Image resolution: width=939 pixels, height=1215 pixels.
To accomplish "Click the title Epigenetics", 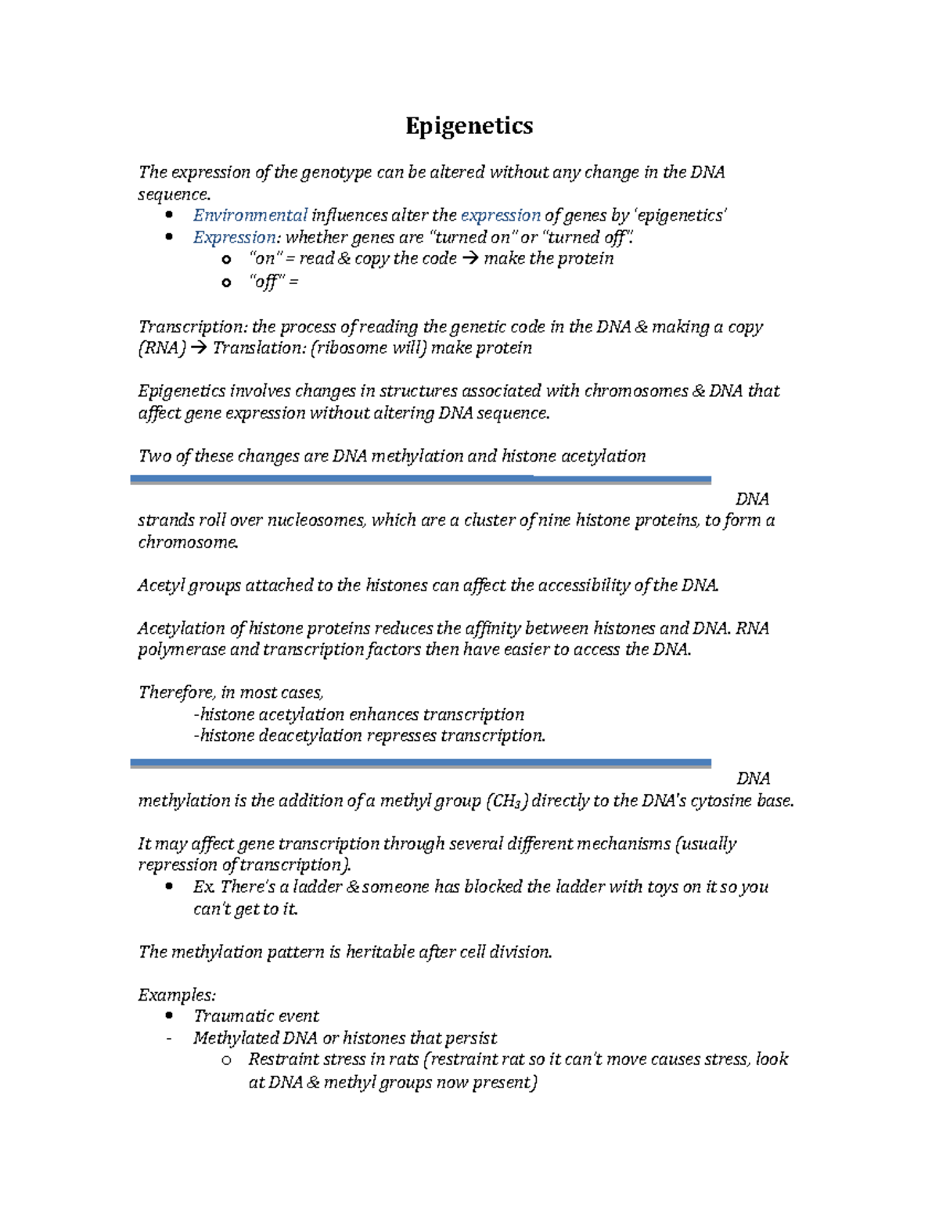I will pos(469,126).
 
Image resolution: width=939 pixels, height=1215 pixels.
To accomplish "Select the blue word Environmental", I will pos(250,215).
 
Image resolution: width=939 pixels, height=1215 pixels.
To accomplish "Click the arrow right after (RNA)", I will pos(198,348).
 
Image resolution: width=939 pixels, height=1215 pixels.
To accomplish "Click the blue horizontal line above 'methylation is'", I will pos(420,762).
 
